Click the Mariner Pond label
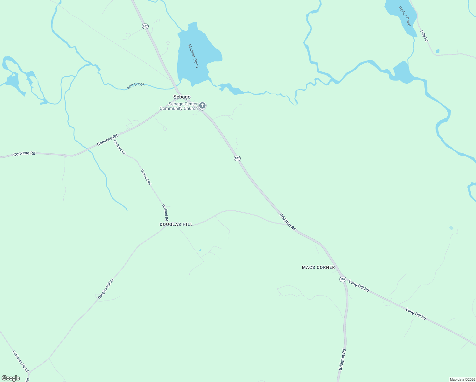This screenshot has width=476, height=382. click(x=193, y=56)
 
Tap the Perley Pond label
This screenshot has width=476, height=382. click(x=405, y=16)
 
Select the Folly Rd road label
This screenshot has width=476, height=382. click(x=424, y=36)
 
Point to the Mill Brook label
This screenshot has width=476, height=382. click(x=136, y=86)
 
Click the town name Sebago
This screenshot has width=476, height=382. click(x=182, y=97)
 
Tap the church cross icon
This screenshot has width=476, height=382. click(x=202, y=106)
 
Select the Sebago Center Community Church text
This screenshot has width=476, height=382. click(x=179, y=106)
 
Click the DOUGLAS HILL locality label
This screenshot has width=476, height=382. click(x=176, y=224)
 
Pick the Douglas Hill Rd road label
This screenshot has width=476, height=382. click(x=106, y=289)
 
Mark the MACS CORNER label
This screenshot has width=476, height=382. click(x=318, y=267)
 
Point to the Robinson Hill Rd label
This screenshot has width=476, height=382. click(x=21, y=361)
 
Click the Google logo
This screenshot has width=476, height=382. click(x=11, y=378)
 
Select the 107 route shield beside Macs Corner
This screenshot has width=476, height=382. click(x=342, y=279)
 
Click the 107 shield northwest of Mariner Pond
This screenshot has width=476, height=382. click(x=145, y=26)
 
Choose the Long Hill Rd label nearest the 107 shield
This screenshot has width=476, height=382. click(x=359, y=286)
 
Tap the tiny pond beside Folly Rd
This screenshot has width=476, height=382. click(x=437, y=51)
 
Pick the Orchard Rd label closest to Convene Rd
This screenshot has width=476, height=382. click(x=120, y=147)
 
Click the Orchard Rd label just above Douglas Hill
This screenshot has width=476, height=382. click(x=165, y=213)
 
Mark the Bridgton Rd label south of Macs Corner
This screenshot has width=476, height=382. click(x=342, y=359)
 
